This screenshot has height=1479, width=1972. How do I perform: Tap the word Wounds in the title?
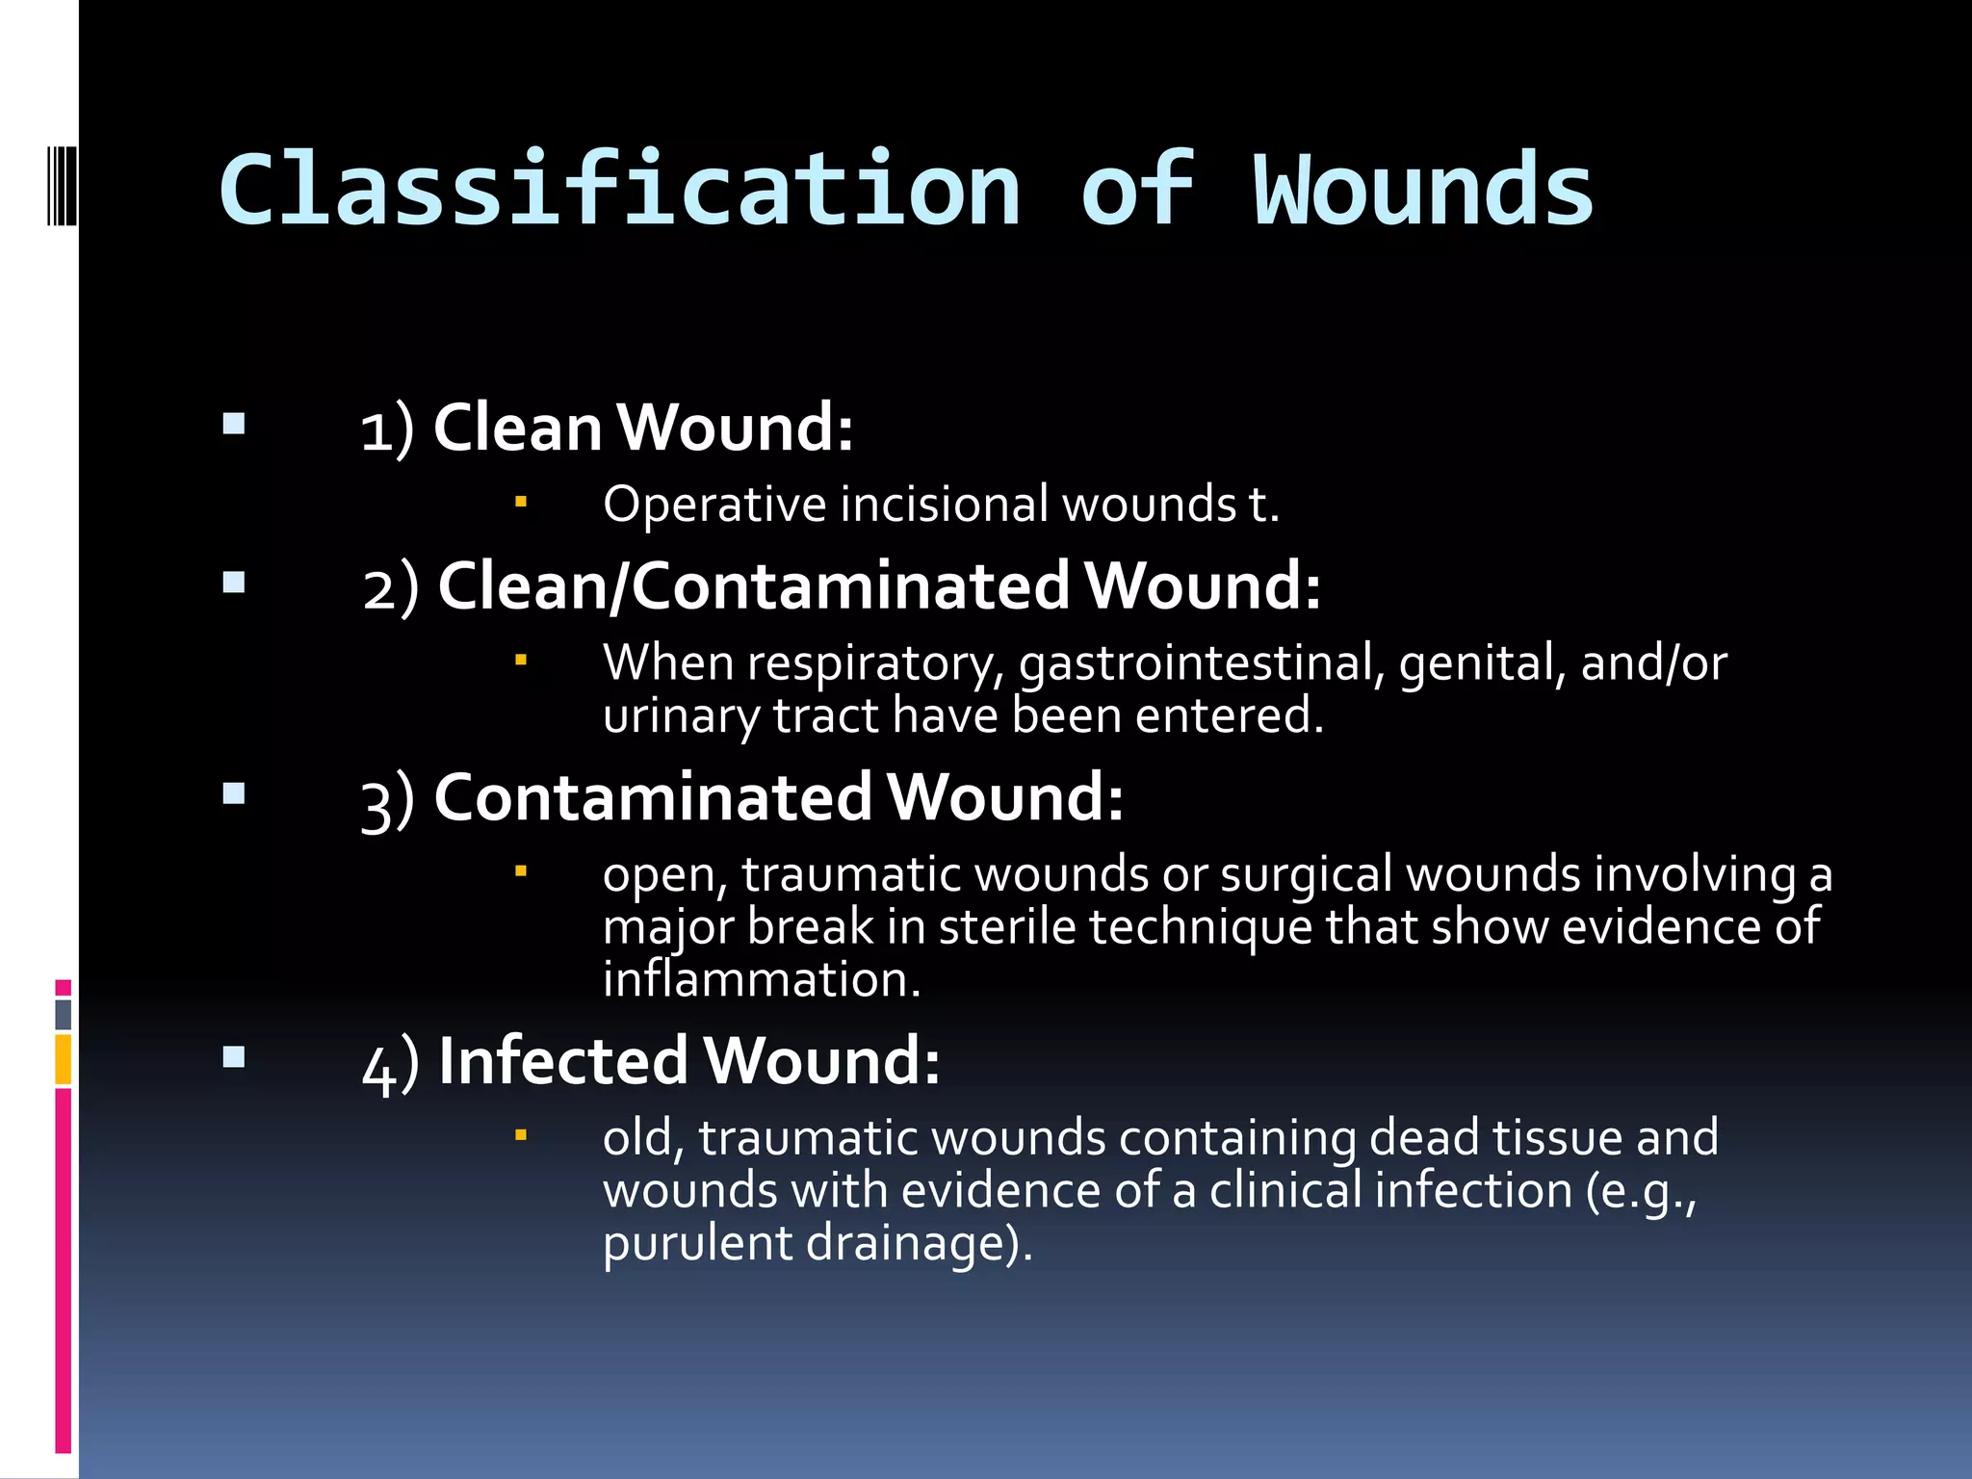1422,192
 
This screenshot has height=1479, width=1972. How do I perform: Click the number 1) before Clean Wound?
387,429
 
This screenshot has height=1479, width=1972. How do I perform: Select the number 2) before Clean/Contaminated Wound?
391,587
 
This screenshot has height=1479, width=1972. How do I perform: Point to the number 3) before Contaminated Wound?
387,800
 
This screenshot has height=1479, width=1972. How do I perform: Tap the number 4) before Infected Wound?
391,1063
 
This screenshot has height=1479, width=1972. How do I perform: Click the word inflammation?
761,979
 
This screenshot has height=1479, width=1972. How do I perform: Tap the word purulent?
697,1243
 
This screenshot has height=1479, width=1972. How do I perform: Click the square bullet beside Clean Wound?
234,425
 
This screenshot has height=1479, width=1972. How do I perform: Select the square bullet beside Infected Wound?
234,1058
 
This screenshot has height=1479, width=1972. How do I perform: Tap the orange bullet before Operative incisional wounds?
521,502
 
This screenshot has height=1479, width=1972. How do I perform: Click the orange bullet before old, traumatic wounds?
521,1135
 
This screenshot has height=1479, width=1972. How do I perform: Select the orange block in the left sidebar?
64,1059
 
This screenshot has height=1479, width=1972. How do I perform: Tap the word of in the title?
1136,190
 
